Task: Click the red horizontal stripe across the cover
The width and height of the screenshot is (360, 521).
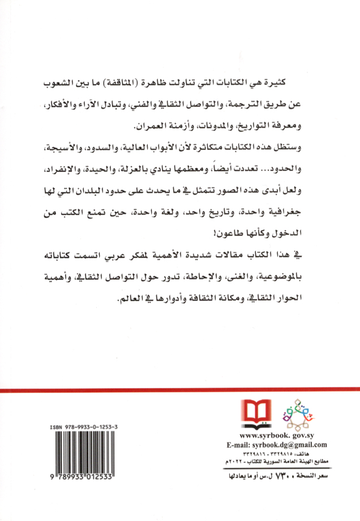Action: pos(180,390)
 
